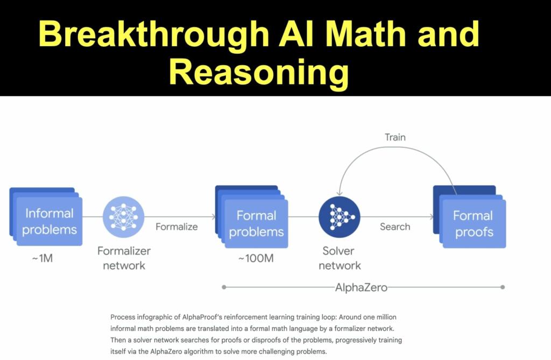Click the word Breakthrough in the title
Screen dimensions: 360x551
point(154,35)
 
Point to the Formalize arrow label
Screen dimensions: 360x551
point(176,227)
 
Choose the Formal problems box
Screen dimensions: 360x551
point(256,223)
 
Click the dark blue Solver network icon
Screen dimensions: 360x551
point(339,217)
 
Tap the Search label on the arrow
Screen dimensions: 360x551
point(395,227)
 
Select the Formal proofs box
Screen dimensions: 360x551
point(472,223)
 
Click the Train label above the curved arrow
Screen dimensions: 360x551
point(395,137)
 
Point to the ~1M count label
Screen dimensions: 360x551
point(42,258)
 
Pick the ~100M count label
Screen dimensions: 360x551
point(256,258)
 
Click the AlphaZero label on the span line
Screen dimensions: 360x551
point(361,287)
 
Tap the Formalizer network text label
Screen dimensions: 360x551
point(124,258)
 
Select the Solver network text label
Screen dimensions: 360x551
point(339,258)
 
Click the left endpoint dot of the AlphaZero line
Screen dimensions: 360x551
point(224,287)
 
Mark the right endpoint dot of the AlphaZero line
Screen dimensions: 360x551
point(503,287)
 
